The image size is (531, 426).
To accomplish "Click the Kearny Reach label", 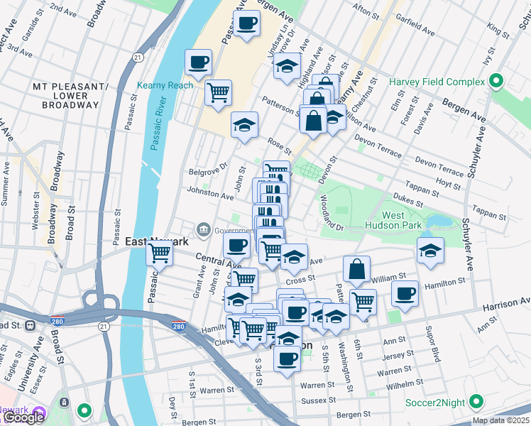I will point(165,85).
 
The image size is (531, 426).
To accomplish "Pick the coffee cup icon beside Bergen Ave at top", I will point(246,23).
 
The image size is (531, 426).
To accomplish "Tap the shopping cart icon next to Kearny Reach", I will point(218,92).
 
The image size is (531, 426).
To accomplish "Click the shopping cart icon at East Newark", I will point(160,252).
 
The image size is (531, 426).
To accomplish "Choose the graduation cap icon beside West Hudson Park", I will point(429,252).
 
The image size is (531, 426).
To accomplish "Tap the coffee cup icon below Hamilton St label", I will point(405,294).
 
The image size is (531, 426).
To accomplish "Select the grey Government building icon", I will point(204,229).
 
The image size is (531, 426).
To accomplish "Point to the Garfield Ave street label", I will point(417,28).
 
